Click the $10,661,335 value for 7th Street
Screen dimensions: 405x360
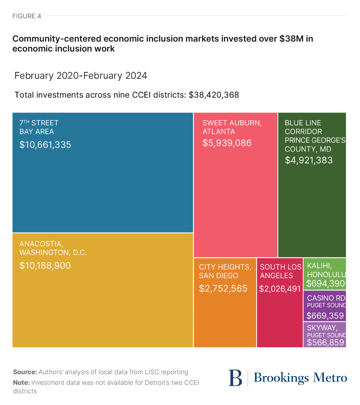(45, 145)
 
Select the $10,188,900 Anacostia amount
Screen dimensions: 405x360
(45, 266)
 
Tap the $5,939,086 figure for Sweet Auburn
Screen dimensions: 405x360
(227, 143)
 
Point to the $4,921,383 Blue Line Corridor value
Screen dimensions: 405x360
(309, 160)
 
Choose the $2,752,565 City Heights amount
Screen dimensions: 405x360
(223, 289)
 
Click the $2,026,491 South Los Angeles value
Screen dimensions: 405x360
(280, 289)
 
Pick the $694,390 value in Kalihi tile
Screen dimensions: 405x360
(325, 283)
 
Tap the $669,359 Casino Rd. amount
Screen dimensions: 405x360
(325, 316)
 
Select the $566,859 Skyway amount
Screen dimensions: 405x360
(325, 343)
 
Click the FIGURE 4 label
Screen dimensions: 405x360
(27, 16)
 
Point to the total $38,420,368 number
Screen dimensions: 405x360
(214, 95)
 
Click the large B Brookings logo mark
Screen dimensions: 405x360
(235, 378)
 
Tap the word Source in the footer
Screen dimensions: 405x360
(25, 372)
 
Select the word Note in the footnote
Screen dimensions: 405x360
(21, 383)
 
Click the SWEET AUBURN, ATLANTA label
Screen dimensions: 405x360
(232, 127)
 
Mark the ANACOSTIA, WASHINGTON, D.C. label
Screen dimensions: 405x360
(53, 248)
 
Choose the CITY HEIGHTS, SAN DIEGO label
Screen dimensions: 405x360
(225, 271)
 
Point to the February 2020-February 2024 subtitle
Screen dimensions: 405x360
(81, 76)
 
